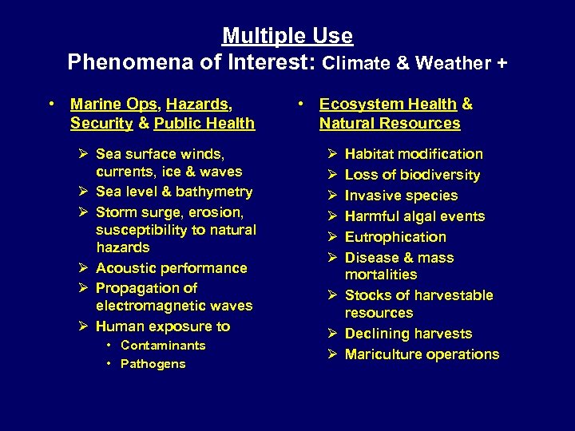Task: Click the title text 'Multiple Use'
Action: (287, 37)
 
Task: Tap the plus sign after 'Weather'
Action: (501, 63)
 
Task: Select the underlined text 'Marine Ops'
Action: (113, 104)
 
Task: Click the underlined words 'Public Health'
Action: (204, 124)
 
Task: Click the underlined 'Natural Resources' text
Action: (390, 124)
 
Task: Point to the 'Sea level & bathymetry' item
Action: (174, 192)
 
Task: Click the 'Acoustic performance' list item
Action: (171, 268)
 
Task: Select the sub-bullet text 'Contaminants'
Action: (163, 346)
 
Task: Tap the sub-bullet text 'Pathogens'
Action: (153, 364)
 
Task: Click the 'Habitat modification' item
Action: (414, 154)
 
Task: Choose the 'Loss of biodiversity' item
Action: (412, 175)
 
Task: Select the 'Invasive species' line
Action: (401, 196)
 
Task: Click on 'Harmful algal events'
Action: (414, 216)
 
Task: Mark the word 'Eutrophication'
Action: (395, 237)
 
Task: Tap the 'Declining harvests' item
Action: (408, 334)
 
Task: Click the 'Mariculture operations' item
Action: (422, 354)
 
